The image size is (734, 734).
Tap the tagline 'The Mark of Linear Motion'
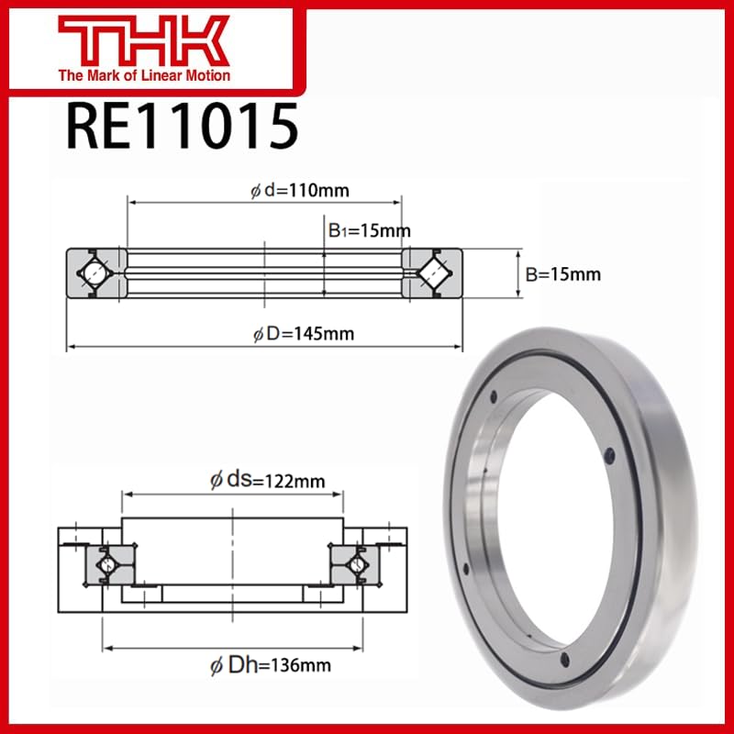click(x=144, y=75)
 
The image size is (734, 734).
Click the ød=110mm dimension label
click(x=299, y=191)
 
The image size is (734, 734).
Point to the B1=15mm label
click(x=369, y=230)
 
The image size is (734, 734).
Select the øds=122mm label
click(x=267, y=478)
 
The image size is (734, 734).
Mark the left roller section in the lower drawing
click(x=106, y=564)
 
